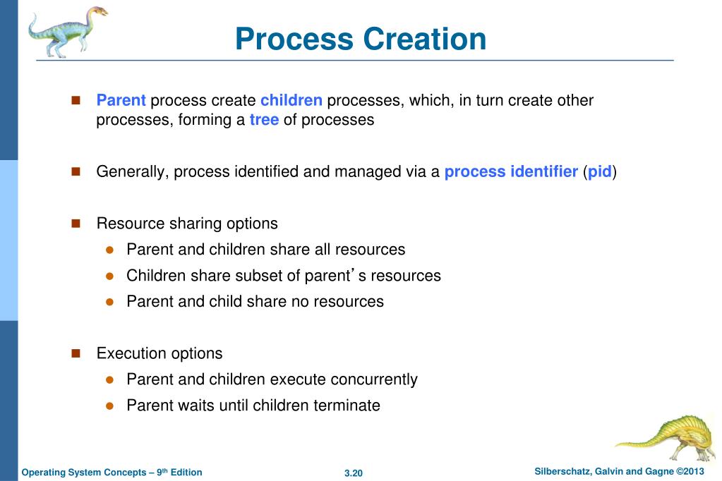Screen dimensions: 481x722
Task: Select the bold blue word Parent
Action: (121, 100)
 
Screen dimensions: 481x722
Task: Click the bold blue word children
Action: (291, 100)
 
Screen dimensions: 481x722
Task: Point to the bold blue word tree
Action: (264, 120)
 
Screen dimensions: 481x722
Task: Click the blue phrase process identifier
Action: (511, 171)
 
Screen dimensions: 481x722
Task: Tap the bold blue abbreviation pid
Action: (599, 171)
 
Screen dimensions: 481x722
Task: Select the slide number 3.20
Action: (353, 473)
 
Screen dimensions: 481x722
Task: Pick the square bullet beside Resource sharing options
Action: (77, 224)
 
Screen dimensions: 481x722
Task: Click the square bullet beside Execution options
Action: (77, 353)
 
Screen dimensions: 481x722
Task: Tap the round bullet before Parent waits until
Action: (109, 406)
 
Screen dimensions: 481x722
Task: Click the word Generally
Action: (131, 171)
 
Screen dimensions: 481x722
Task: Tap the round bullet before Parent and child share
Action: (109, 302)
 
